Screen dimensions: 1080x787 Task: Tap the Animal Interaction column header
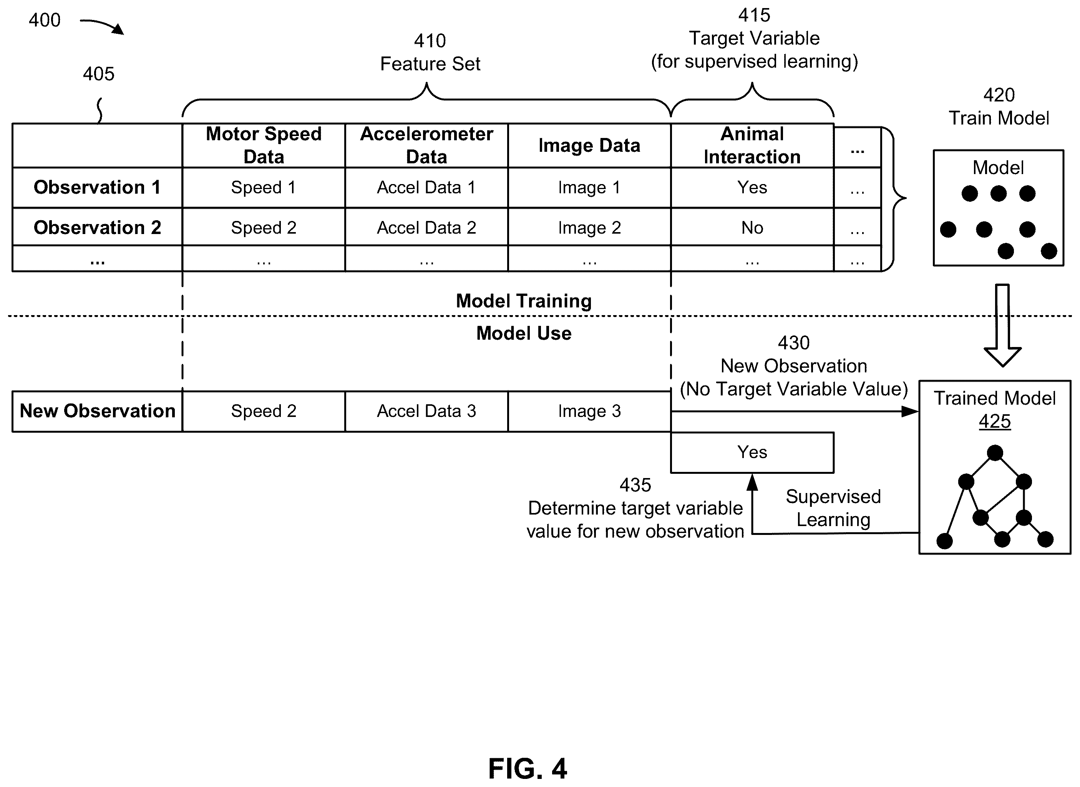click(752, 145)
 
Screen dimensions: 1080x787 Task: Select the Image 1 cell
click(589, 187)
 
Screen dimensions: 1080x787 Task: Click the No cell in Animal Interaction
click(752, 227)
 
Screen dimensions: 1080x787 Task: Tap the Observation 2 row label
click(97, 227)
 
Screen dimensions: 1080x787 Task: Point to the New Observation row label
click(97, 411)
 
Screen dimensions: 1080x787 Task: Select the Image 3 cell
click(589, 411)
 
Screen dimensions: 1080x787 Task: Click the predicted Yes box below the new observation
click(752, 452)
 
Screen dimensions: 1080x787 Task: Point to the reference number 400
click(45, 20)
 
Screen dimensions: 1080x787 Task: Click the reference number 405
click(99, 74)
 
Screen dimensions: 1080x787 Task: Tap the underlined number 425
click(995, 421)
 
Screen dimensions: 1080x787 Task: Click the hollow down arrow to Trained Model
click(1002, 326)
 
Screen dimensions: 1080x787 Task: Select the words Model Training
click(524, 301)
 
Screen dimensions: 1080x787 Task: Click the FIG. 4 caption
click(528, 768)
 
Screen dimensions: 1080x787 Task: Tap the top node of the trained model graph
click(995, 453)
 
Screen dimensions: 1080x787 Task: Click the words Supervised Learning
click(833, 508)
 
